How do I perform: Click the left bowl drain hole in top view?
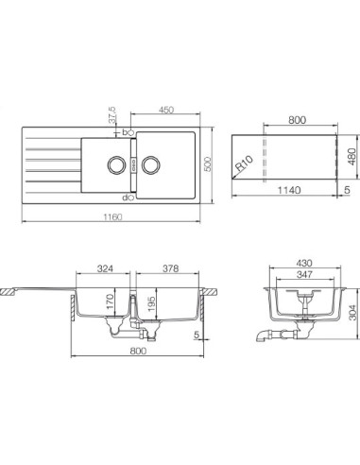pos(116,163)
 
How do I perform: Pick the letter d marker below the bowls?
pos(126,198)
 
